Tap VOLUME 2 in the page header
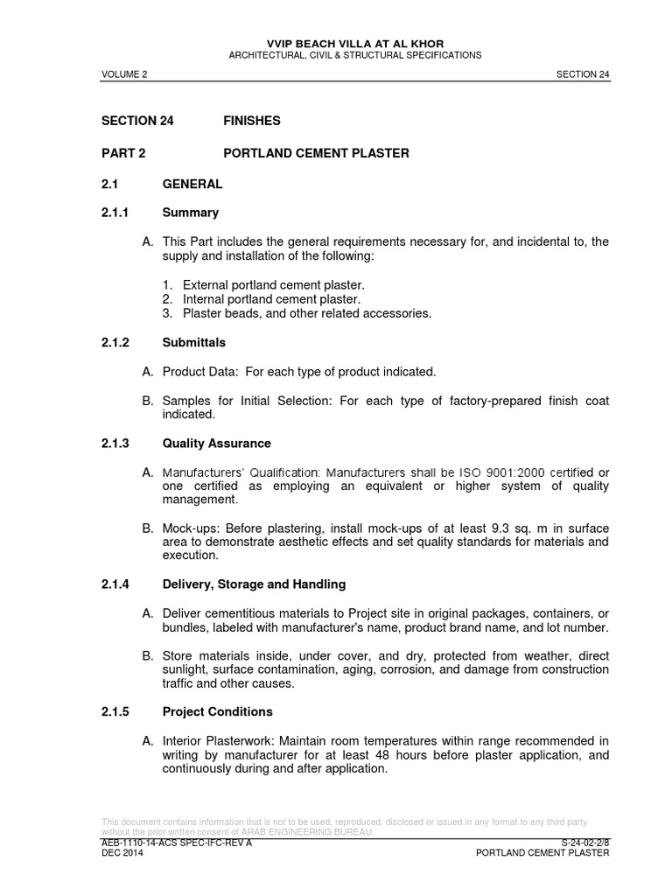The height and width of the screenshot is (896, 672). tap(124, 75)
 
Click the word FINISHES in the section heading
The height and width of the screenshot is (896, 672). tap(252, 121)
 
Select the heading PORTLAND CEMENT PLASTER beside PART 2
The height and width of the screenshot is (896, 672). tap(316, 153)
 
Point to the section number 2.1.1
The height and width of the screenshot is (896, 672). tap(115, 213)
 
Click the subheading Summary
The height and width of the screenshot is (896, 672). tap(191, 213)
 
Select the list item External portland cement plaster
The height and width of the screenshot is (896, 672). tap(273, 285)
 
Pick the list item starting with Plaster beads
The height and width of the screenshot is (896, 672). tap(306, 313)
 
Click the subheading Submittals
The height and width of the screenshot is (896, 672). tap(194, 343)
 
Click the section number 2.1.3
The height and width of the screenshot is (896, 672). tap(115, 444)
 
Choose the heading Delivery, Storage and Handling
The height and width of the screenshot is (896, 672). tap(254, 584)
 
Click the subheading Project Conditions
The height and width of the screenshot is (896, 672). tap(218, 711)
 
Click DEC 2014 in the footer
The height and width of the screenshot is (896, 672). tap(122, 853)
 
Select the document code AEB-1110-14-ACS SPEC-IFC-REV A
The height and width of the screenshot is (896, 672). tap(177, 843)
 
